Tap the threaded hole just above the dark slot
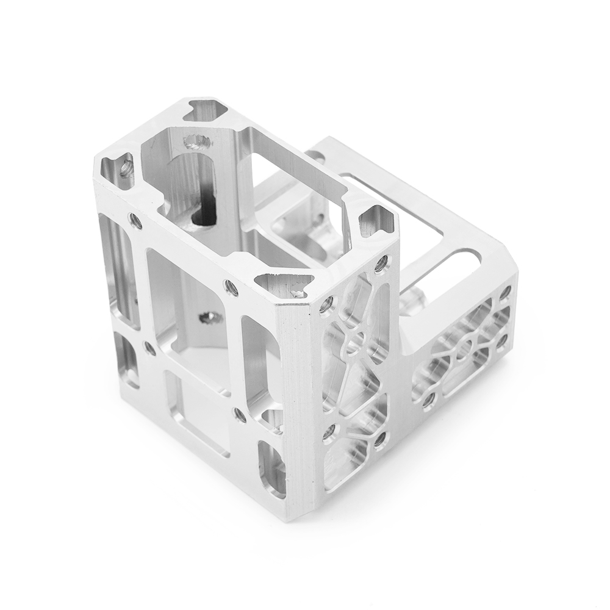pos(196,143)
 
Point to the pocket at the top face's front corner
pos(285,285)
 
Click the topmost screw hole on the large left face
pos(135,220)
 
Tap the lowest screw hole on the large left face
pos(240,415)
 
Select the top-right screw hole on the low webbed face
pos(505,294)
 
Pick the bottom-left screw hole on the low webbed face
pos(429,399)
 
